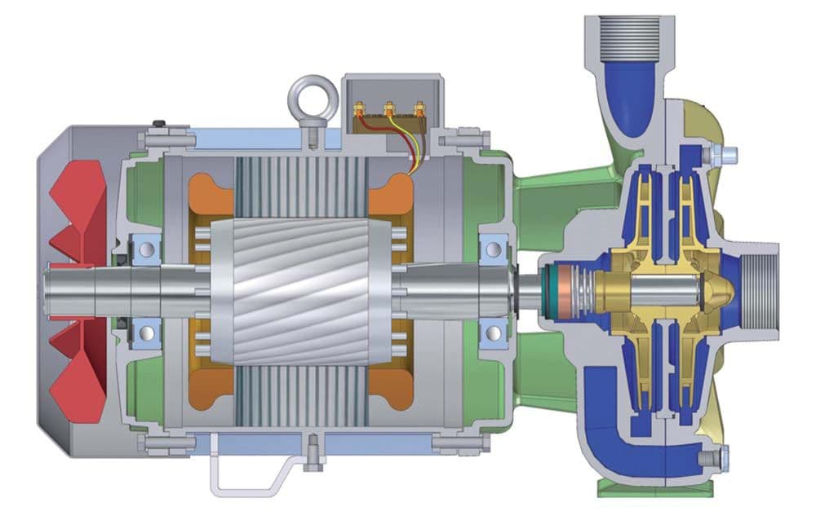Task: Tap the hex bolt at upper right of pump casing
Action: pyautogui.click(x=725, y=152)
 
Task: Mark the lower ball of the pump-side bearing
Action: pyautogui.click(x=493, y=331)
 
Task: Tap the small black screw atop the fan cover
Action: pyautogui.click(x=161, y=125)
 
